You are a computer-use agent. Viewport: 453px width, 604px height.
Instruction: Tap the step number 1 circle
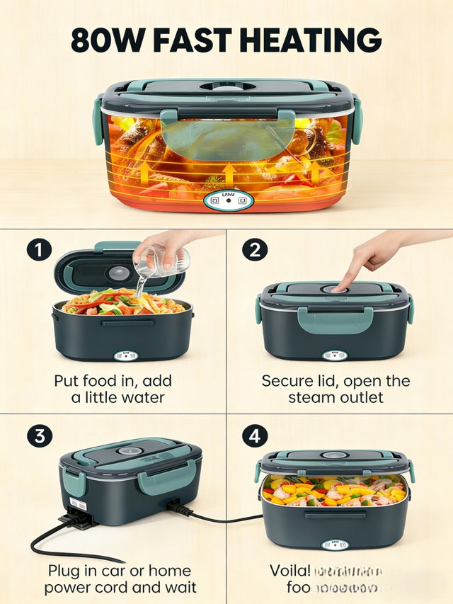pyautogui.click(x=39, y=251)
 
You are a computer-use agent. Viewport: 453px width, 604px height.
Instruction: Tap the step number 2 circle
pyautogui.click(x=254, y=251)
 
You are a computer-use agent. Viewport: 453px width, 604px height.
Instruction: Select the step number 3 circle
pyautogui.click(x=39, y=435)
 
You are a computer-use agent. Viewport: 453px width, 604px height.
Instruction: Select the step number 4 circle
pyautogui.click(x=254, y=435)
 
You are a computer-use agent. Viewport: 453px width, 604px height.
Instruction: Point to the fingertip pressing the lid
pyautogui.click(x=340, y=287)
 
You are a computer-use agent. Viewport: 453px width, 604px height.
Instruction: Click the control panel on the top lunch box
pyautogui.click(x=228, y=200)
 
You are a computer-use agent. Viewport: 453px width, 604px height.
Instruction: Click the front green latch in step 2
pyautogui.click(x=335, y=320)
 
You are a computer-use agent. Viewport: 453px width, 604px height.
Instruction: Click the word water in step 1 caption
pyautogui.click(x=145, y=398)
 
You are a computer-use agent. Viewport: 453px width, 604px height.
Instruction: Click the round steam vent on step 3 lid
pyautogui.click(x=128, y=450)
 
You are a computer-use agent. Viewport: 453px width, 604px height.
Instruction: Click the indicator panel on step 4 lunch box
pyautogui.click(x=335, y=544)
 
